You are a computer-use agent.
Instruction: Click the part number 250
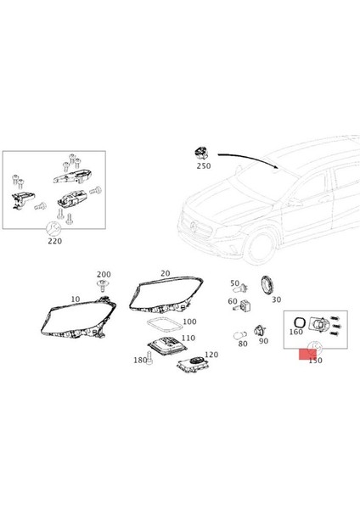204,166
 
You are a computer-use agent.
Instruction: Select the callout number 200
104,275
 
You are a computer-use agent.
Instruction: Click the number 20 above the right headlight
165,273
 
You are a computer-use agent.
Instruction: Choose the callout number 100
188,322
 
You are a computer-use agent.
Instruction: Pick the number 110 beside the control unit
187,338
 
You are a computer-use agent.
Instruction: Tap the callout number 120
211,355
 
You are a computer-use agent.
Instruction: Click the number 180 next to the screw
139,361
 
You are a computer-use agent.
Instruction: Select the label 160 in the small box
295,333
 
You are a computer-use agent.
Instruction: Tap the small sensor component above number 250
200,153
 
